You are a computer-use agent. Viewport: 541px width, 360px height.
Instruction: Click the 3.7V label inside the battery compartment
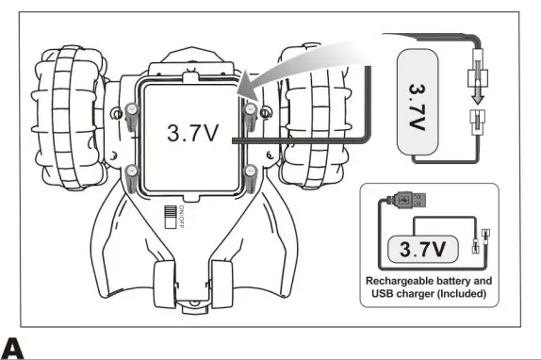click(x=193, y=133)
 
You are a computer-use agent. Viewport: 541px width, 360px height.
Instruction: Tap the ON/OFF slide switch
click(x=171, y=217)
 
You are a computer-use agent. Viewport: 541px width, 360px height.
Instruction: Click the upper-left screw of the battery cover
click(x=131, y=117)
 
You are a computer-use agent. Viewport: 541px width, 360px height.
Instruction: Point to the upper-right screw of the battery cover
click(x=250, y=117)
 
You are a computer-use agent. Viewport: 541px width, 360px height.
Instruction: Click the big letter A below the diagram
click(x=12, y=349)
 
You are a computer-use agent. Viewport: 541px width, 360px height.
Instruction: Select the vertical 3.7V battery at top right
click(x=418, y=102)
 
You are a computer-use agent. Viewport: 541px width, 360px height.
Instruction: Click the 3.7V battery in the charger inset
click(x=423, y=249)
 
